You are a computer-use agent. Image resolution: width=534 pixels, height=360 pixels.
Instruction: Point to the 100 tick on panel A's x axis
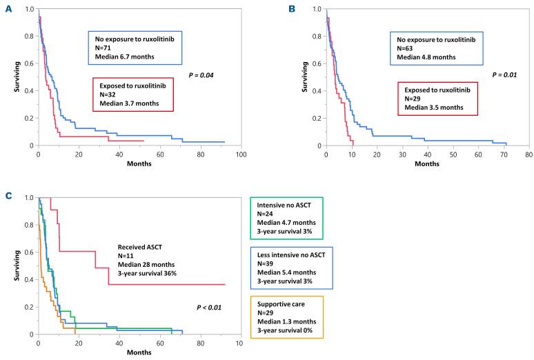[241, 153]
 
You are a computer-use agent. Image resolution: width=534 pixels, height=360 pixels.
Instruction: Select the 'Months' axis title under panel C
[139, 352]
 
